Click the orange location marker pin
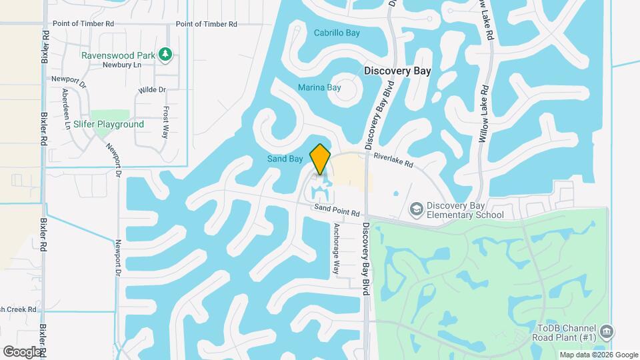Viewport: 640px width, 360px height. pos(321,159)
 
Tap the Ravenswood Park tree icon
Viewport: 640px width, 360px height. pos(166,55)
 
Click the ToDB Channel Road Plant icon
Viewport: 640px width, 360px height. pos(606,331)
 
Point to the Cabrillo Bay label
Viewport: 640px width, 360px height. pos(337,33)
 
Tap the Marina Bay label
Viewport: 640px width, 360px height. pos(319,87)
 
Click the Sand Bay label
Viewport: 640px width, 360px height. pos(285,159)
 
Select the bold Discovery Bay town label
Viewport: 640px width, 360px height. pos(397,70)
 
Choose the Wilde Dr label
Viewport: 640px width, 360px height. pos(151,89)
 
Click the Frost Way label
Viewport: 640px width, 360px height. pos(165,122)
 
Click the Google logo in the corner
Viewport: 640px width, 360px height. pos(22,351)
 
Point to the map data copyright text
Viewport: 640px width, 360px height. pos(598,355)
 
